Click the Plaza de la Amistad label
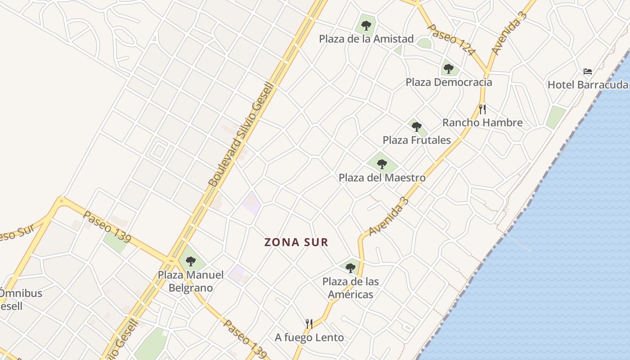click(366, 39)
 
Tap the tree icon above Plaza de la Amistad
click(366, 25)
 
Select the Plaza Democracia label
click(449, 82)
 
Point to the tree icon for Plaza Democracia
click(448, 69)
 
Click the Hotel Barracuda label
click(587, 85)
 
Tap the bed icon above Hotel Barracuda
click(587, 71)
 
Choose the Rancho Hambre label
click(482, 122)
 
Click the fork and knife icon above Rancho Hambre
click(482, 109)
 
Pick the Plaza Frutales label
click(417, 140)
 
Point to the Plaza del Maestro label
click(382, 178)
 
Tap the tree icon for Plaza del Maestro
click(382, 164)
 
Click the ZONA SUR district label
click(297, 243)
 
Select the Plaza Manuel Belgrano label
click(190, 281)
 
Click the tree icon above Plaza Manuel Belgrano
click(191, 261)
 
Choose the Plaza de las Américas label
click(351, 288)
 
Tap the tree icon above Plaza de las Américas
click(351, 268)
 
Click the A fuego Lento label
click(309, 337)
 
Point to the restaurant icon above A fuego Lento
click(309, 324)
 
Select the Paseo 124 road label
click(451, 40)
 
